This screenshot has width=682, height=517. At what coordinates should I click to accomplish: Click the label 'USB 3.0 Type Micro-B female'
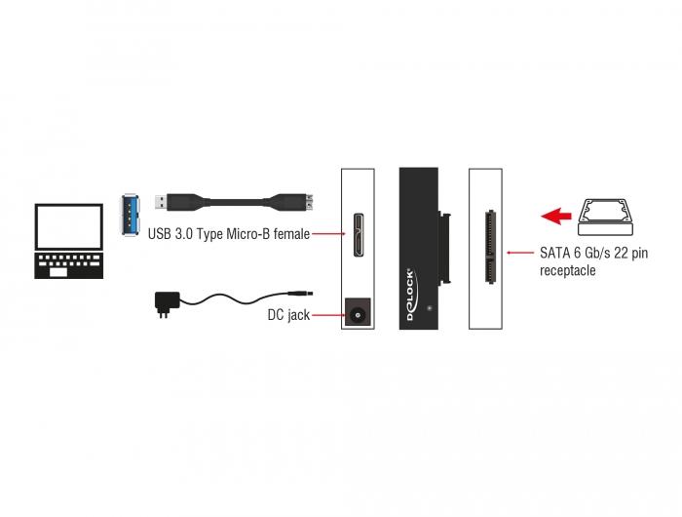(228, 234)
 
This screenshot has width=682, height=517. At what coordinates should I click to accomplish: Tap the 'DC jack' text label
(288, 315)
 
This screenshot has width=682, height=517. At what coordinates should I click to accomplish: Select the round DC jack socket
(358, 314)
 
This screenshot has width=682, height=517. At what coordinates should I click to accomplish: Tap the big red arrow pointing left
(558, 216)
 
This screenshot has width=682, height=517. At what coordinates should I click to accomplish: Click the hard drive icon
(611, 214)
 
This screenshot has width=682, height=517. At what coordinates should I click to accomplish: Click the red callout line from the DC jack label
(326, 315)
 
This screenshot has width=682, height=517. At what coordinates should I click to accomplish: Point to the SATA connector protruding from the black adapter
(447, 249)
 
